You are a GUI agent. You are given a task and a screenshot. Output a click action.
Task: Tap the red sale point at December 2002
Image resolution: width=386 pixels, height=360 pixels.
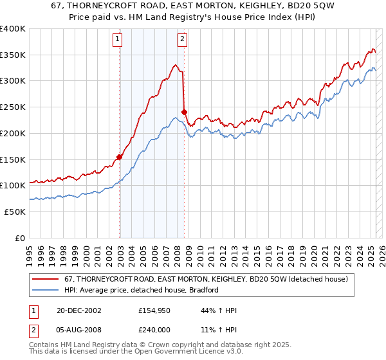(119, 156)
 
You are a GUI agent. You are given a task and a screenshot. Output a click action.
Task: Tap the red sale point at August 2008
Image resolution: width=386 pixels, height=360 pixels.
(184, 112)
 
